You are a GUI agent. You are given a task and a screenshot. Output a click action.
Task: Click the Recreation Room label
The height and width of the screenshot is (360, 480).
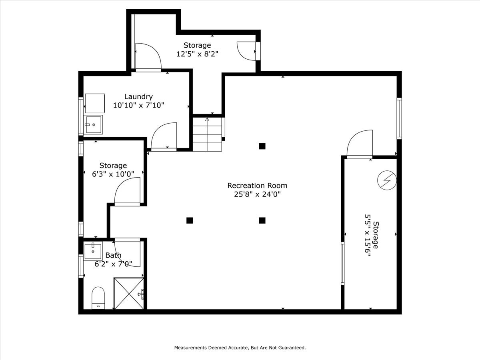coord(257,186)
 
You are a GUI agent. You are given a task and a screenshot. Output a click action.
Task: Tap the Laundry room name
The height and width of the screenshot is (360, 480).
coord(138,97)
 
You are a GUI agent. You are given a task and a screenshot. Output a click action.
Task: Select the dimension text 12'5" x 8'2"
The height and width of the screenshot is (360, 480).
coord(197,54)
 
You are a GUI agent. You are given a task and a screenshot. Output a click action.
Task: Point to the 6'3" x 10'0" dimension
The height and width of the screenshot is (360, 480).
coord(113,174)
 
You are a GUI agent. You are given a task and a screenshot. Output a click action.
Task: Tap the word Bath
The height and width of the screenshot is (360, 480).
coord(113,255)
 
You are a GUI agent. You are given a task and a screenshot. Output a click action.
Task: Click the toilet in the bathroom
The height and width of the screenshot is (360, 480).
coord(98,298)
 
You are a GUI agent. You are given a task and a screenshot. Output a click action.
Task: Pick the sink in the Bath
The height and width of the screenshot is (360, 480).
coord(93,250)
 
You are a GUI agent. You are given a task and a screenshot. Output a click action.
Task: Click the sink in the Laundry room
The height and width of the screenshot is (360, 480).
coord(93,124)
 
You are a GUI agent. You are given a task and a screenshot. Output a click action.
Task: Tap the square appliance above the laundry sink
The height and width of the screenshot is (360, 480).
coord(95,103)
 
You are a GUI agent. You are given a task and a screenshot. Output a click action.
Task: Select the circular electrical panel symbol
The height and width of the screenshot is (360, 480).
coord(387,180)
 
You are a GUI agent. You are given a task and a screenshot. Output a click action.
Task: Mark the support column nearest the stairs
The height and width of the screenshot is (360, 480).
coord(262,146)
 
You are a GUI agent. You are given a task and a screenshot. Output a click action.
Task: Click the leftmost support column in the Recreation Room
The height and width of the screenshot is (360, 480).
coord(190,220)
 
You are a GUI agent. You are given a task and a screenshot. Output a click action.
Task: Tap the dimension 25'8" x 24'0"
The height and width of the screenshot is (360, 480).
coord(257,195)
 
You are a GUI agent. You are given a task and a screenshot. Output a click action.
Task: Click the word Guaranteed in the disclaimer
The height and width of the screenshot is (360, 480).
coord(292,348)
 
